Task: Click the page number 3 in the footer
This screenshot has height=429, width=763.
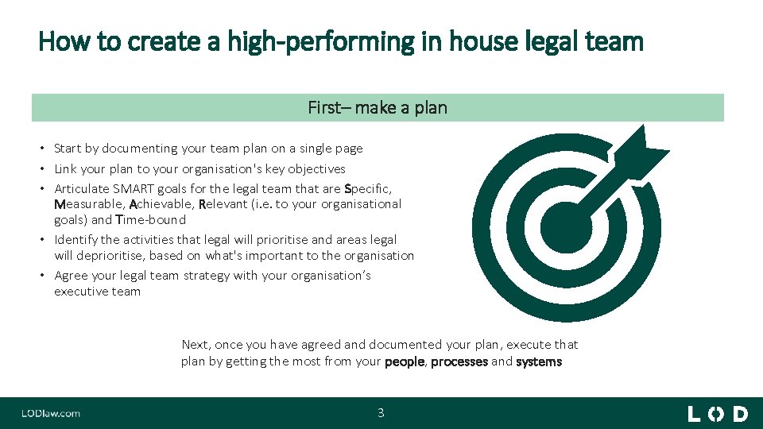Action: pos(381,412)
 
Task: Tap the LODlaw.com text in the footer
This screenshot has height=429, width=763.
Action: pos(51,413)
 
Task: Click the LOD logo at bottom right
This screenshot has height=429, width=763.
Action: pos(717,413)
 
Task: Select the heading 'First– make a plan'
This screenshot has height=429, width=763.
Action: pos(378,107)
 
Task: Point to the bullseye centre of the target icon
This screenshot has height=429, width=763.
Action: pos(565,226)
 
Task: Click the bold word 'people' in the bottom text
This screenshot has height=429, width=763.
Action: pos(405,361)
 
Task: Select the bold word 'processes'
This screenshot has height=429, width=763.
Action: pos(459,361)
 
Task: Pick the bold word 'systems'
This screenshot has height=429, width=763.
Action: pos(539,361)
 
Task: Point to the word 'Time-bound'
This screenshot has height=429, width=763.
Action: pos(150,220)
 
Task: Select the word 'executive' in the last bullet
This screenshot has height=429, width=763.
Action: pos(78,292)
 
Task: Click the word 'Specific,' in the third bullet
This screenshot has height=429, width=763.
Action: pos(368,188)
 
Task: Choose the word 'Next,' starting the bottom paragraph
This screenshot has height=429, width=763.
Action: pos(196,345)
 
